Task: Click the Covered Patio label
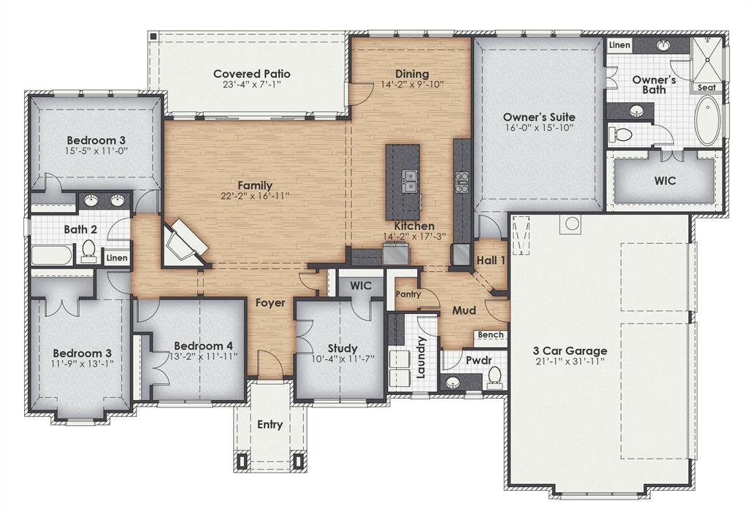coord(252,74)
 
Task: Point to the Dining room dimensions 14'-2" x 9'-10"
coord(412,85)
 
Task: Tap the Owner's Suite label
coord(539,117)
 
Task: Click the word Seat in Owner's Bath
coord(706,87)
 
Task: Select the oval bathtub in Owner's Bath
coord(706,120)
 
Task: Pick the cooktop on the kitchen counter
coord(462,182)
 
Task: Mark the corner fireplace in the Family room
coord(183,243)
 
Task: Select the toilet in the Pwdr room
coord(495,376)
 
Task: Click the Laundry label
coord(421,357)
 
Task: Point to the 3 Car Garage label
coord(570,351)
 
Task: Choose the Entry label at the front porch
coord(270,425)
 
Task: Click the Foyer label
coord(270,302)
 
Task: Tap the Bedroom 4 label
coord(203,345)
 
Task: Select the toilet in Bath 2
coord(89,250)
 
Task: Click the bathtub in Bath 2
coord(52,256)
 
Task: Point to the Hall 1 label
coord(491,261)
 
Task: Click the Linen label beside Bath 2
coord(117,258)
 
